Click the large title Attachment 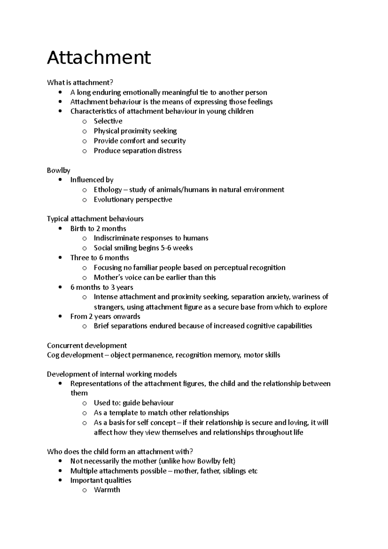coord(99,58)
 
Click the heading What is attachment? coord(80,83)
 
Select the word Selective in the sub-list coord(108,121)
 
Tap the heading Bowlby coord(59,170)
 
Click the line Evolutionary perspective coord(133,199)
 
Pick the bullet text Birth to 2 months coord(98,229)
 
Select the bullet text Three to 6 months coord(100,258)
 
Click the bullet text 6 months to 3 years coord(102,287)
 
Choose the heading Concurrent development coord(87,346)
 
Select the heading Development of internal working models coord(112,374)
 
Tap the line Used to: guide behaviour coord(134,403)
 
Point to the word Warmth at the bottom coord(107,490)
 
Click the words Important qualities coord(101,480)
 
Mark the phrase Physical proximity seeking coord(135,131)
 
